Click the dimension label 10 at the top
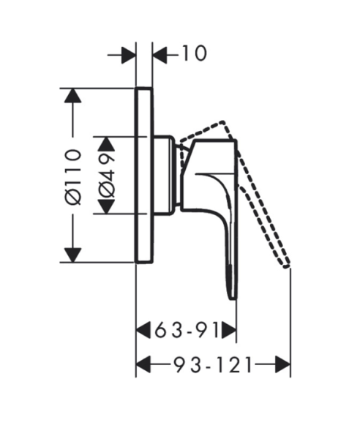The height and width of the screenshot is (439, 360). click(195, 53)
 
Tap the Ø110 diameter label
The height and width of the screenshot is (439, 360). click(73, 177)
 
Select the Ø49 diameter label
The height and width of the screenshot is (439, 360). click(106, 176)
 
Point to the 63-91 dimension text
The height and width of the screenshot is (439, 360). click(187, 330)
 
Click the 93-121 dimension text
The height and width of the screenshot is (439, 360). click(213, 364)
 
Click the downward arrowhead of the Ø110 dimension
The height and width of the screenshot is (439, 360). click(72, 255)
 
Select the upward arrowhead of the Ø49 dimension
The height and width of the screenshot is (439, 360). click(106, 144)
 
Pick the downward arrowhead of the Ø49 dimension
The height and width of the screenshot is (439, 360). click(106, 206)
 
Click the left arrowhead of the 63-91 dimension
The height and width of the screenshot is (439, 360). click(143, 330)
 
